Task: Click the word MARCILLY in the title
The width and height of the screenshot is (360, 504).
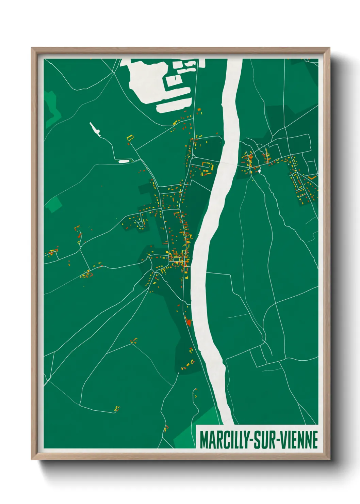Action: pyautogui.click(x=224, y=440)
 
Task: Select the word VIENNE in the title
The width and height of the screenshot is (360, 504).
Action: pyautogui.click(x=300, y=440)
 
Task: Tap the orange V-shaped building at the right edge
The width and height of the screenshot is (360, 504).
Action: pyautogui.click(x=313, y=177)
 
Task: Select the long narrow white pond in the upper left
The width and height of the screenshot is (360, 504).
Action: pyautogui.click(x=95, y=129)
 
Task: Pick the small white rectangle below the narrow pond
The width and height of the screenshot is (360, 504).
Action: pyautogui.click(x=124, y=160)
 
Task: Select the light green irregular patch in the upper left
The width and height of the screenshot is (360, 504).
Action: pyautogui.click(x=52, y=107)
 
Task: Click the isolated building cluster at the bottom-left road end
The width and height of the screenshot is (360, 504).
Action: pyautogui.click(x=117, y=408)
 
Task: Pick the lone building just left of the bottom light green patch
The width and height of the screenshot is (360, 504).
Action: pyautogui.click(x=166, y=428)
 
